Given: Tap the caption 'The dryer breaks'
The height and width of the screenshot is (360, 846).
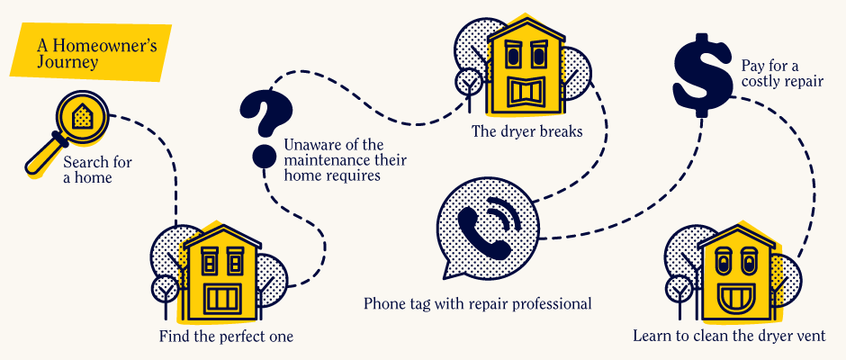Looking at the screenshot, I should coord(527,131).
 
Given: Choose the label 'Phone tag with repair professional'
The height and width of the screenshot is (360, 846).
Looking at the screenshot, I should coord(478,303).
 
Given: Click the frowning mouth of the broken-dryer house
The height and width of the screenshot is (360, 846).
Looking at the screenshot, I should coord(525,93).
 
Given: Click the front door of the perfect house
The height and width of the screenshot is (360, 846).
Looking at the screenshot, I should coord(222,298).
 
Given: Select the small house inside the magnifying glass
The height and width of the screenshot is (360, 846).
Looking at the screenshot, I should coord(81,114).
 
